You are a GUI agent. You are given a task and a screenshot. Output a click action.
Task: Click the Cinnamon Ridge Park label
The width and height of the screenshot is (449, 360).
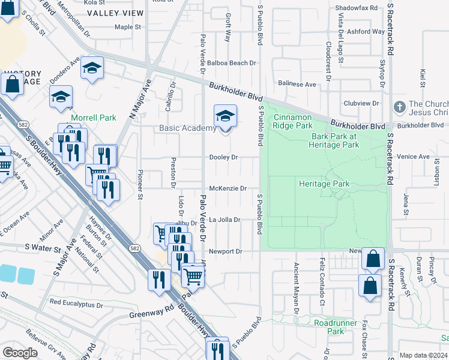pyautogui.click(x=293, y=121)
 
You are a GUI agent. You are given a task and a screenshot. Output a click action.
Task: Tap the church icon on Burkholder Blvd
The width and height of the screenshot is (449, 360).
pyautogui.click(x=399, y=107)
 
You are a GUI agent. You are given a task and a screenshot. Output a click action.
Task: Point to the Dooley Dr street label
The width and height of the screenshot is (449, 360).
pyautogui.click(x=223, y=157)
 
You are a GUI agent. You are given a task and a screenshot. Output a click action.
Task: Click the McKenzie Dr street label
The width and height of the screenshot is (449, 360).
pyautogui.click(x=228, y=188)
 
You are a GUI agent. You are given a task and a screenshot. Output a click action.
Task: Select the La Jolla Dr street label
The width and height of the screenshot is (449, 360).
pyautogui.click(x=225, y=220)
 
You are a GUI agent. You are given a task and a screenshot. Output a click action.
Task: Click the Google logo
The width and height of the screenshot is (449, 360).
pyautogui.click(x=20, y=353)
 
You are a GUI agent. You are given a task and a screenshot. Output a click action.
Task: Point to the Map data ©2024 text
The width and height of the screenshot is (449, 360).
pyautogui.click(x=423, y=355)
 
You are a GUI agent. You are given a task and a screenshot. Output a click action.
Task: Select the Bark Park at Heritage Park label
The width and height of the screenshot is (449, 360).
pyautogui.click(x=334, y=140)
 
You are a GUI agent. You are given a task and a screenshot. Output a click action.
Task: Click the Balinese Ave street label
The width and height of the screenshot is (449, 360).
pyautogui.click(x=296, y=85)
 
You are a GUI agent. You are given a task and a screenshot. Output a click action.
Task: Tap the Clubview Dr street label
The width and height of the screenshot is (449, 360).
pyautogui.click(x=360, y=103)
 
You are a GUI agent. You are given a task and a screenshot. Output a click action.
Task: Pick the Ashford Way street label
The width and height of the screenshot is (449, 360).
pyautogui.click(x=366, y=31)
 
